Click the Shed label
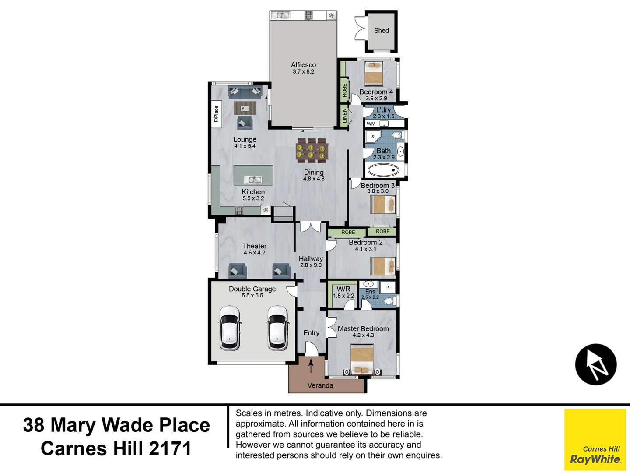381,31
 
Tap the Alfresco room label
303,65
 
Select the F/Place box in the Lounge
217,114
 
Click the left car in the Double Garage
230,328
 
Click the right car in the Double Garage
278,328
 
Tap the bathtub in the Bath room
383,170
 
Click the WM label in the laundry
371,124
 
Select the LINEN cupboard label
344,116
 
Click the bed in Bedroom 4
374,73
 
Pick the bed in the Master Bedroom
362,360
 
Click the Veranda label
320,385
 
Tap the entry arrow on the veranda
311,365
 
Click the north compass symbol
595,364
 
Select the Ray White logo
595,439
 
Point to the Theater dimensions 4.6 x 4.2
254,253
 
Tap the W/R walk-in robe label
343,289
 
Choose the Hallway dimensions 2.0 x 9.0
311,265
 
